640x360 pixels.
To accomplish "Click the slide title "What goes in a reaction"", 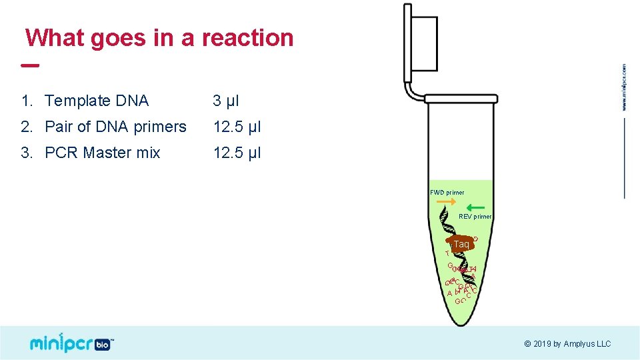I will point(159,37).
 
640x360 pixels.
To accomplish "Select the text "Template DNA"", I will point(97,101).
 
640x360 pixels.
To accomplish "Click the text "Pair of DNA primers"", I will point(115,127).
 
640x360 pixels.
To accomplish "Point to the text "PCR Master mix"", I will point(102,153).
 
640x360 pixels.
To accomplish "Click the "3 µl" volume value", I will point(225,101).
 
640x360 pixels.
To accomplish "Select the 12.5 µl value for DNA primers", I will point(237,127).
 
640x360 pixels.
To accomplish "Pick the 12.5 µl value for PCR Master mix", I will point(237,153).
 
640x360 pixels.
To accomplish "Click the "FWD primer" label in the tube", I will point(447,193).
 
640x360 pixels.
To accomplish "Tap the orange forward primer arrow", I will point(447,201).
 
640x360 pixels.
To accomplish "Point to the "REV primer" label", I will point(475,217).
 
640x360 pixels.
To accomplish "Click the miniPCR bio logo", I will point(72,343).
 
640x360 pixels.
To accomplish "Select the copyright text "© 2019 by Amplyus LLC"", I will point(567,344).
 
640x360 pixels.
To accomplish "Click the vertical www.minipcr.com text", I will point(624,87).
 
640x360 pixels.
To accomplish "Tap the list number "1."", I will point(27,101).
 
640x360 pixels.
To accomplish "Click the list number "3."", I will point(27,153).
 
